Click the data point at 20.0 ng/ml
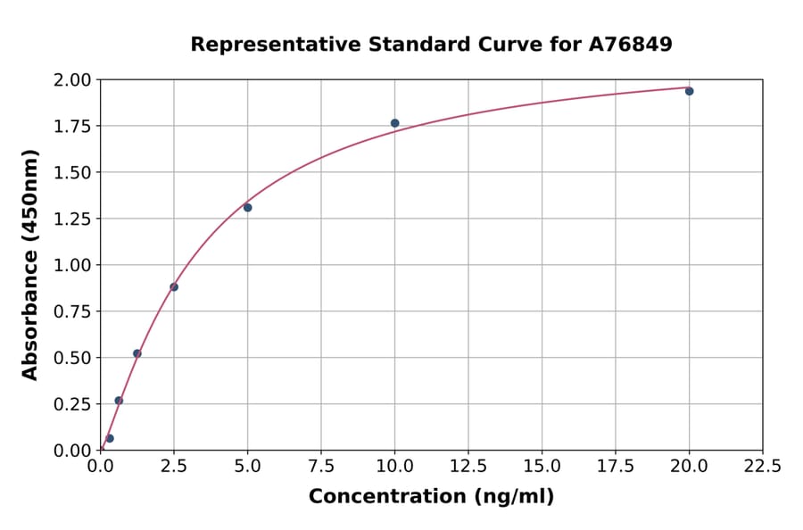(x=689, y=91)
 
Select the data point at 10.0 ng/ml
(x=394, y=123)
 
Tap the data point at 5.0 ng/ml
(x=247, y=208)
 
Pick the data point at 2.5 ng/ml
(x=174, y=287)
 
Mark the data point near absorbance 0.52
(x=137, y=353)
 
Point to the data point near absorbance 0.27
(x=119, y=401)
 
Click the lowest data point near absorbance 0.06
(x=110, y=438)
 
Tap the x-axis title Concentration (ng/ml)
(x=431, y=497)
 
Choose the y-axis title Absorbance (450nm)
(x=30, y=265)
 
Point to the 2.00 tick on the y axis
(x=71, y=80)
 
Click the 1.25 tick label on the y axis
(x=71, y=219)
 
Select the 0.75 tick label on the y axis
(x=71, y=311)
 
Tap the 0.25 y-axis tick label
(x=71, y=404)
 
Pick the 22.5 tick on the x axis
(x=762, y=467)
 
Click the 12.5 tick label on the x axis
(x=468, y=467)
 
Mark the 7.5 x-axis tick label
(x=321, y=467)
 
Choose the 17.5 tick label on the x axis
(x=616, y=467)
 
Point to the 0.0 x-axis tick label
(x=101, y=467)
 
